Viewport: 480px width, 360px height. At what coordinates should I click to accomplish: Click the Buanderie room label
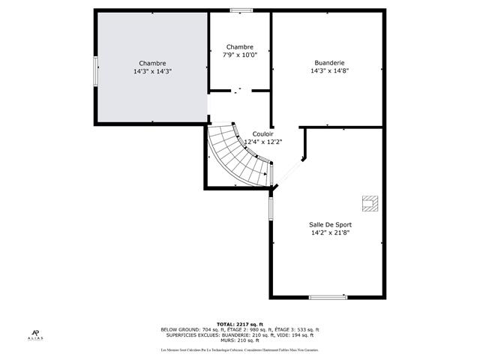330,63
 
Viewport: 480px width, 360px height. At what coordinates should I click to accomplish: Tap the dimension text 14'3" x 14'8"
330,71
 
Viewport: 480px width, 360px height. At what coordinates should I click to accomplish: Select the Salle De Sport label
330,224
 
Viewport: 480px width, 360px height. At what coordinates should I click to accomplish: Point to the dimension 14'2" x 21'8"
330,232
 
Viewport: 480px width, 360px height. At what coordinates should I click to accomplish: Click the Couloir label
262,133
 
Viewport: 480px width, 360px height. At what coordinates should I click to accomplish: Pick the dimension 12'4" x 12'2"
262,142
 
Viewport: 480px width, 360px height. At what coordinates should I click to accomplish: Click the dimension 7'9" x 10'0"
240,55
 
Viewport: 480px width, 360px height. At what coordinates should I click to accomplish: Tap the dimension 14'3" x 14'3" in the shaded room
152,71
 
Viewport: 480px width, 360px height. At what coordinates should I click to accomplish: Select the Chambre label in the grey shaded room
152,63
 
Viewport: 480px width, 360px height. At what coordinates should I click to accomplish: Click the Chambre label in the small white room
240,46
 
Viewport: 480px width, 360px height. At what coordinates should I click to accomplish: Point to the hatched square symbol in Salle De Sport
370,202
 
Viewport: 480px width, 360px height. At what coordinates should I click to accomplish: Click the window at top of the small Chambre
241,10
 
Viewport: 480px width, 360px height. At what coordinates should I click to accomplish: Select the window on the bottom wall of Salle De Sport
328,297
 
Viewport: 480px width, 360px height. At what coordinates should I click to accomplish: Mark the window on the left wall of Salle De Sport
271,208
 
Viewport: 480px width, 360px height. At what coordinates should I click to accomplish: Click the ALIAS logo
37,335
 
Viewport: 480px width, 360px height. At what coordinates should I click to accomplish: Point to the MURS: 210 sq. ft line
240,340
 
